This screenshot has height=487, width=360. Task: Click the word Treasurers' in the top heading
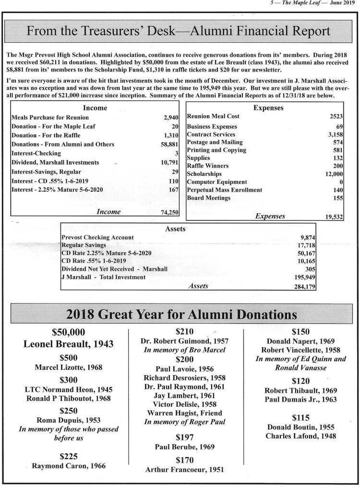coord(115,32)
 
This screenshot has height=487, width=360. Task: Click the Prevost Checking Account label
coord(98,237)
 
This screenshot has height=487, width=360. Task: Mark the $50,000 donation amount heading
coord(68,331)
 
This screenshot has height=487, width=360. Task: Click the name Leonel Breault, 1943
coord(68,344)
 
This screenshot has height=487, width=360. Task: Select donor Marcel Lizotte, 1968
coord(68,368)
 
